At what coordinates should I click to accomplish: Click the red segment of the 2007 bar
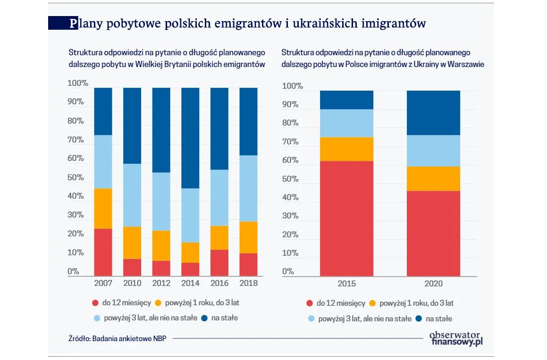coord(103,252)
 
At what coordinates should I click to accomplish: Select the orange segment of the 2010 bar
coord(132,243)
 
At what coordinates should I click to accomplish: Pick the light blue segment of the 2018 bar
coord(248,188)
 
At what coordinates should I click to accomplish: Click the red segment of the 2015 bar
coord(346,218)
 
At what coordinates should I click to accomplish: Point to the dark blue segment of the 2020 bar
coord(433,113)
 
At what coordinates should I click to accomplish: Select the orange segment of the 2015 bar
coord(346,149)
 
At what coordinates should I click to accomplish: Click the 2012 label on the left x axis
coord(161,283)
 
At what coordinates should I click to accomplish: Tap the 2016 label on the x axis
coord(219,283)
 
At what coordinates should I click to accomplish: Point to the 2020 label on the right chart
coord(433,284)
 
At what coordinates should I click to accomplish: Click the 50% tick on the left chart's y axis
coord(76,178)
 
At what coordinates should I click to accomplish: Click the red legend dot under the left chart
coord(95,303)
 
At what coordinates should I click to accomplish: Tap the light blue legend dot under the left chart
coord(95,318)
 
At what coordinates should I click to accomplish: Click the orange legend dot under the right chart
coord(372,303)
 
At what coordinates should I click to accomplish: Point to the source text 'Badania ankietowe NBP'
coord(132,338)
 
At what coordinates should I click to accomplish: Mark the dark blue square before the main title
coord(59,23)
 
